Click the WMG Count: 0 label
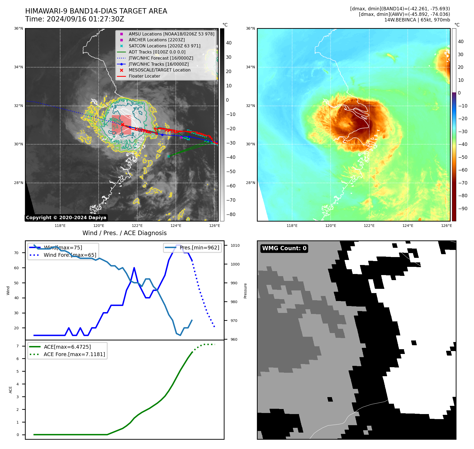click(x=284, y=248)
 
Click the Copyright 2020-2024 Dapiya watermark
click(x=66, y=218)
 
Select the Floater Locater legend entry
click(x=144, y=76)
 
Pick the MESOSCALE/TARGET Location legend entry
click(x=159, y=70)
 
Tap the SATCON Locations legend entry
click(x=164, y=46)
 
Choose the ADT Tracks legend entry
click(x=157, y=52)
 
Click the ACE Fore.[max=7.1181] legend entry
click(x=74, y=354)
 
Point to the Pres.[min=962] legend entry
click(x=199, y=248)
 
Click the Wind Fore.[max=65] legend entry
click(x=70, y=255)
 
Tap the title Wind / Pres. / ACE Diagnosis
click(x=125, y=233)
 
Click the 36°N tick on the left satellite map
click(x=19, y=29)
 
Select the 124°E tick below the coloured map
click(x=408, y=226)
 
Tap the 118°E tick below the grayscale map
click(x=60, y=226)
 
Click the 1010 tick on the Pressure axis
click(x=235, y=245)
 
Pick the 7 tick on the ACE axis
click(x=18, y=346)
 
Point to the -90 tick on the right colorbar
click(x=463, y=209)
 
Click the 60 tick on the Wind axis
click(x=16, y=268)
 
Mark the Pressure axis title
click(x=245, y=291)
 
